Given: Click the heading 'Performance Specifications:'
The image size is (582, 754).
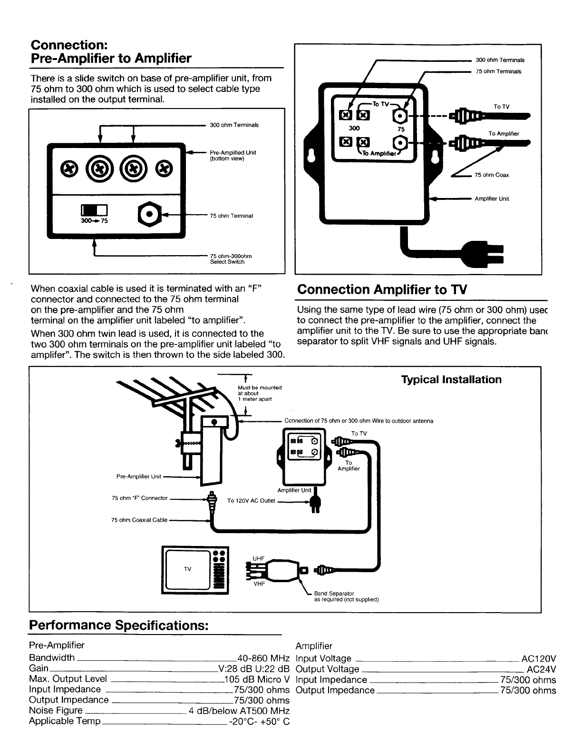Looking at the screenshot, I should click(x=119, y=625).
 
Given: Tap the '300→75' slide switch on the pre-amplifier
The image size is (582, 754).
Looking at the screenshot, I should click(x=95, y=210).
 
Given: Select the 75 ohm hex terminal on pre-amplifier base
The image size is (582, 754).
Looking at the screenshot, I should click(x=149, y=214).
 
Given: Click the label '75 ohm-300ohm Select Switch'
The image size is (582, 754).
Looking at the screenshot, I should click(x=231, y=259).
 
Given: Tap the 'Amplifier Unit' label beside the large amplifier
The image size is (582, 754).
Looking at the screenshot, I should click(x=492, y=199).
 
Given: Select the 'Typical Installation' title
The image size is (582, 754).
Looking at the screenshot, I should click(x=451, y=379).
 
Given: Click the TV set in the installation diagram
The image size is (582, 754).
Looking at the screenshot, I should click(x=196, y=569).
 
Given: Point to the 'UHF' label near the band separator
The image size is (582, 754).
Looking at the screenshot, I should click(x=258, y=558).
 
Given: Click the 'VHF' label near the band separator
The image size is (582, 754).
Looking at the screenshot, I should click(x=259, y=584).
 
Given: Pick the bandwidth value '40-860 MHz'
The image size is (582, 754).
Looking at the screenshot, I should click(x=263, y=658).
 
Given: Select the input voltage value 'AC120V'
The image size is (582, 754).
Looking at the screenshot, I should click(x=538, y=659).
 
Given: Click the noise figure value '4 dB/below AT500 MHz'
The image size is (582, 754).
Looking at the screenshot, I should click(x=239, y=711).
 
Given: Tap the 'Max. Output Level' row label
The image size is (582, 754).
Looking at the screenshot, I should click(x=68, y=679).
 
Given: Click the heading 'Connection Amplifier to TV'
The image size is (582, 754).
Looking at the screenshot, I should click(x=382, y=289).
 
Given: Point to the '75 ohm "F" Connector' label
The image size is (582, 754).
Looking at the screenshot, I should click(x=140, y=498).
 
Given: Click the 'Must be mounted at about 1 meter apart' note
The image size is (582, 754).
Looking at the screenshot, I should click(x=259, y=393).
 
